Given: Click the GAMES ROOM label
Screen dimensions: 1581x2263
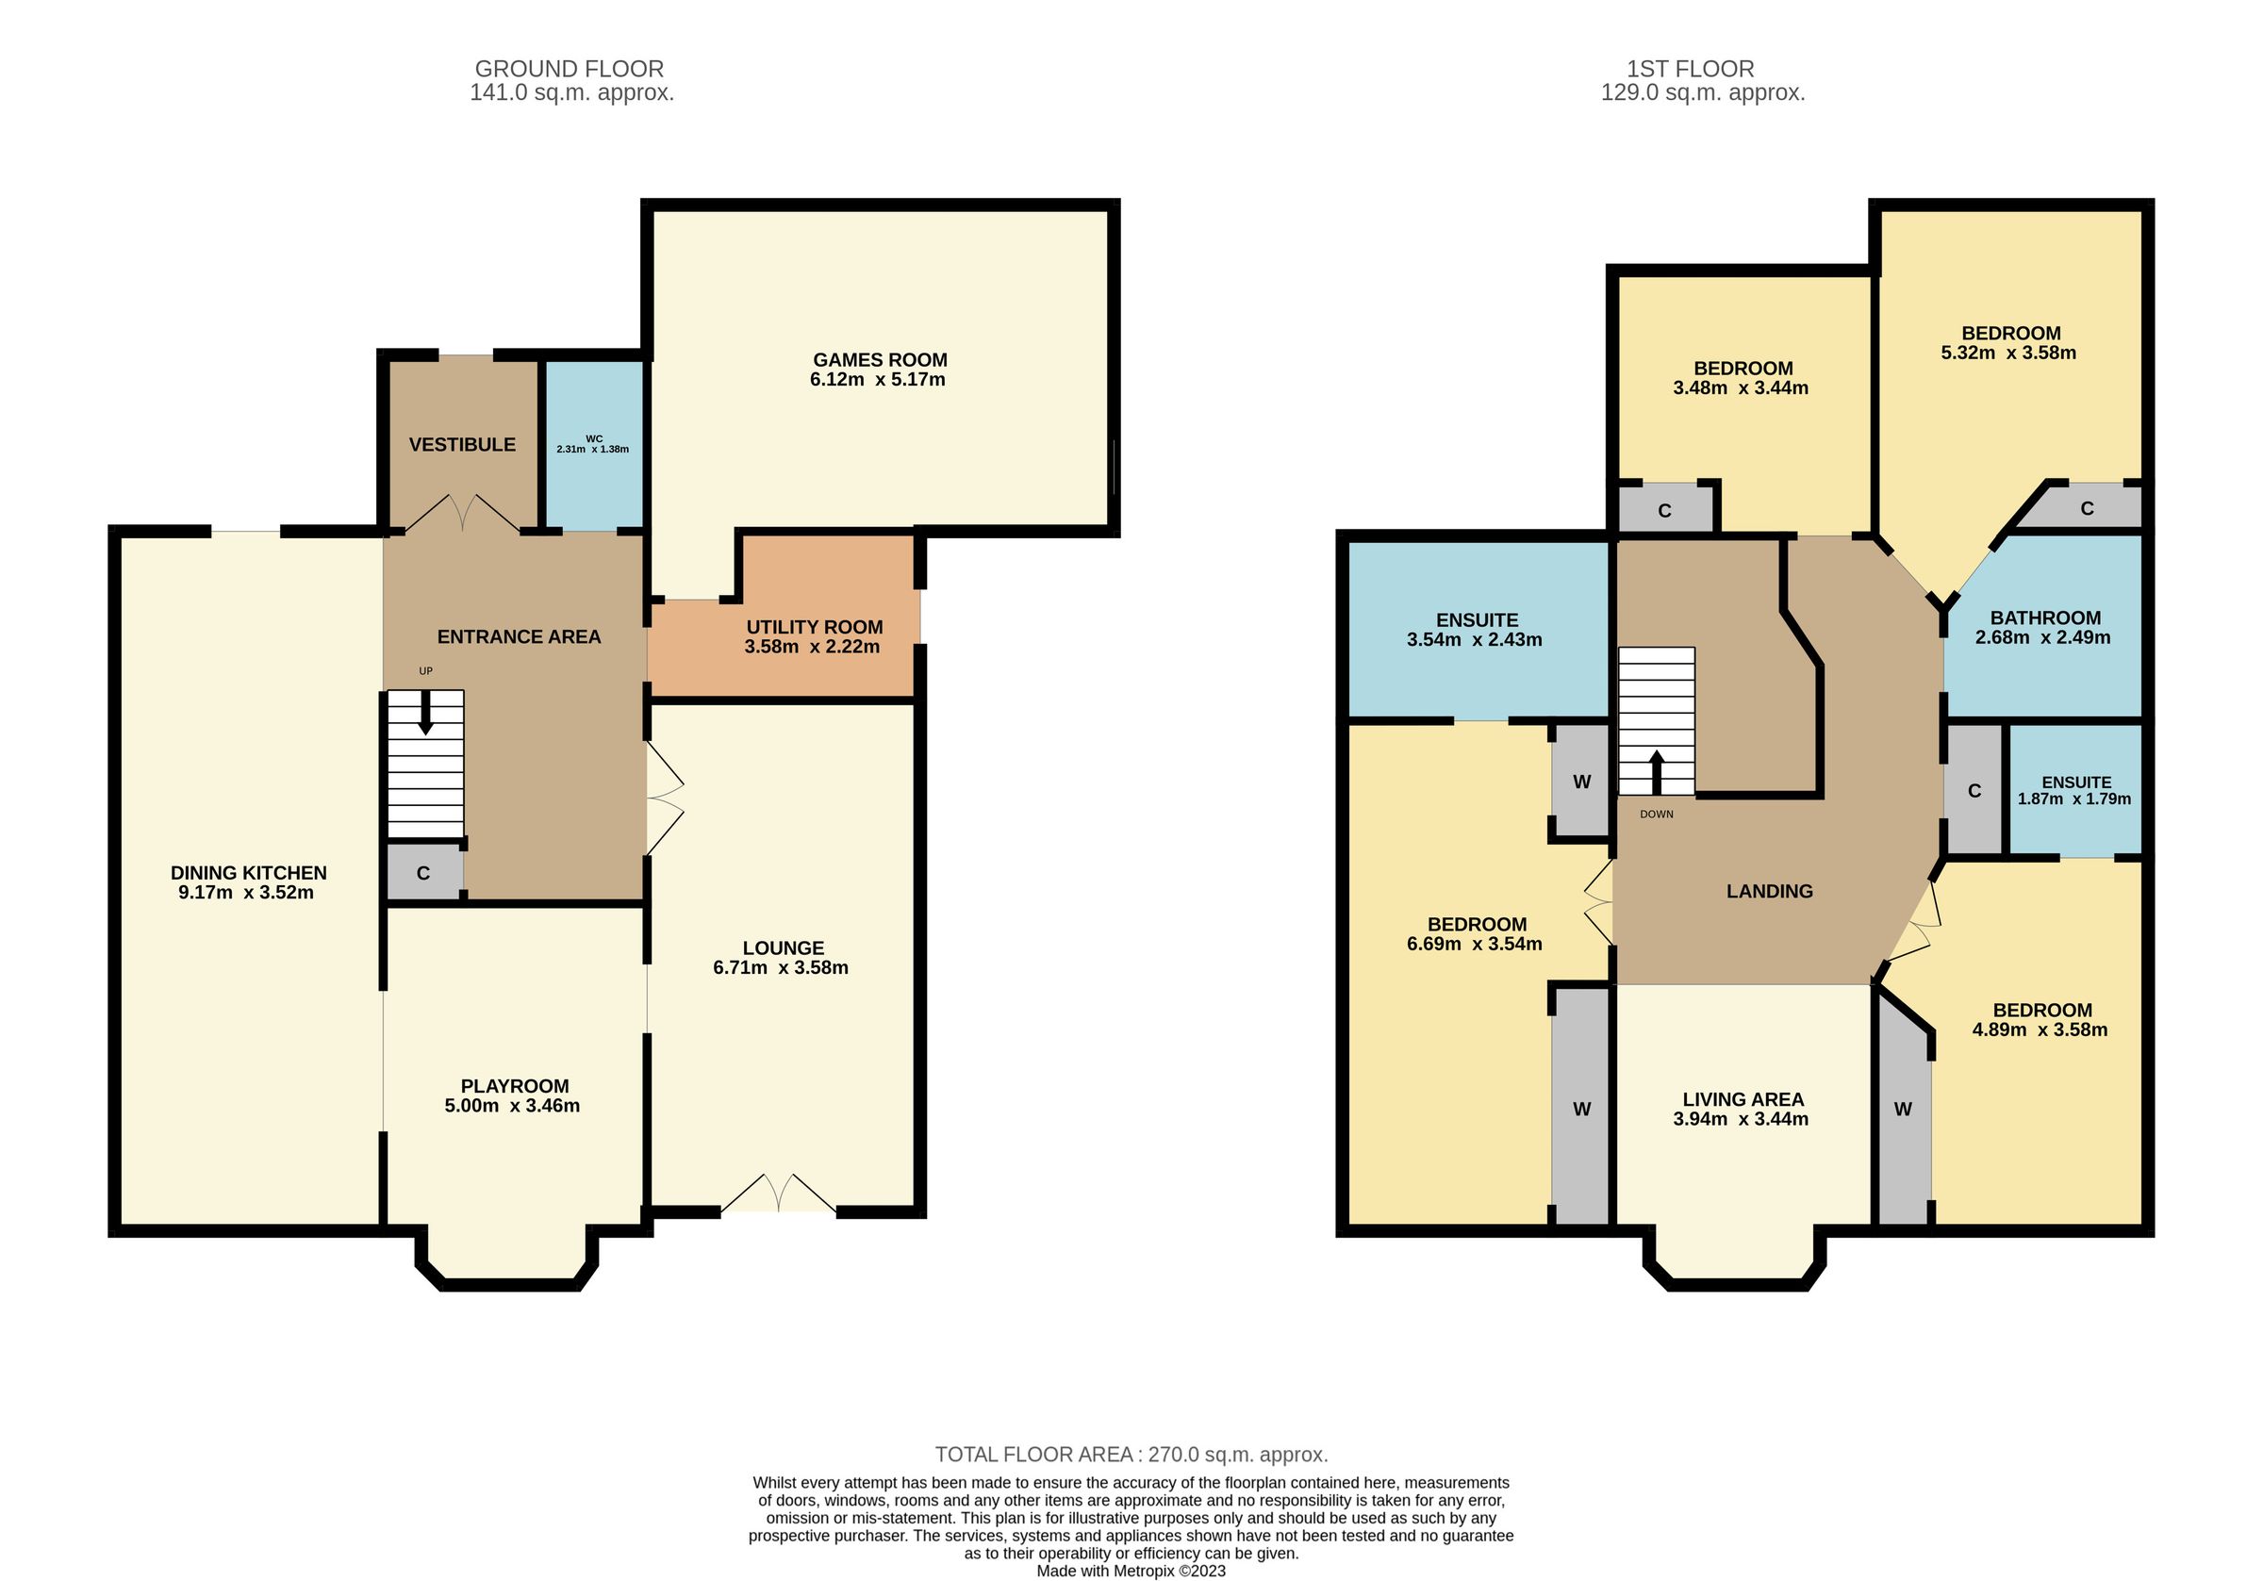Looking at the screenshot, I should click(879, 360).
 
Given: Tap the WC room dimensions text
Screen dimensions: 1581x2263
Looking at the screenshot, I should click(592, 450).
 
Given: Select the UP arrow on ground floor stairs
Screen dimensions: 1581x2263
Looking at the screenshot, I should click(426, 713).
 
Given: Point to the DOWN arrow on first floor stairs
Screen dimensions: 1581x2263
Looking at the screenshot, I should click(1656, 774).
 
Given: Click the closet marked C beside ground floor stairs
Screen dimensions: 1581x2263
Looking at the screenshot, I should click(422, 873).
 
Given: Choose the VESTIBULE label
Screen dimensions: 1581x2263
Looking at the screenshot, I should click(462, 445).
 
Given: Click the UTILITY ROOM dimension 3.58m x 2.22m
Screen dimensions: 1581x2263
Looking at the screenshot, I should click(812, 648).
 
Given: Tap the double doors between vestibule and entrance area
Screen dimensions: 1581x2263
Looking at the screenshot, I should click(463, 513).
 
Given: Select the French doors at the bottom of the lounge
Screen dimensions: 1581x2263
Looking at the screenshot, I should click(779, 1194).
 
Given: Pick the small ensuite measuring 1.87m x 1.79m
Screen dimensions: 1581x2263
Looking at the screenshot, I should click(2073, 790).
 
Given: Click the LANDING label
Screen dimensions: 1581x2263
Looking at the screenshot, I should click(1769, 891).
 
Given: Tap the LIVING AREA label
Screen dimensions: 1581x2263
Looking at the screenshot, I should click(1743, 1099).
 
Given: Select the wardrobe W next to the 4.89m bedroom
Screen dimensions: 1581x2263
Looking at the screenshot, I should click(1902, 1109).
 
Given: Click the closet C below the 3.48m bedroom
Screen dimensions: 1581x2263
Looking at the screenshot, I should click(1665, 511).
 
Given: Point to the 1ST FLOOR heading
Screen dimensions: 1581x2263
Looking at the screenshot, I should click(1691, 69).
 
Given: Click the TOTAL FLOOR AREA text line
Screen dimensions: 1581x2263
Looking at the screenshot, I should click(1131, 1455).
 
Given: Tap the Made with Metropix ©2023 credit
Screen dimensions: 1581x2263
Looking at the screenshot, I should click(1131, 1572).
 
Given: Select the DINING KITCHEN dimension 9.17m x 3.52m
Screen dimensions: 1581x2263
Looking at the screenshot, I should click(246, 893).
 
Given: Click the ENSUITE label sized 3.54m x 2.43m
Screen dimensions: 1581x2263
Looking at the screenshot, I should click(1477, 620).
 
